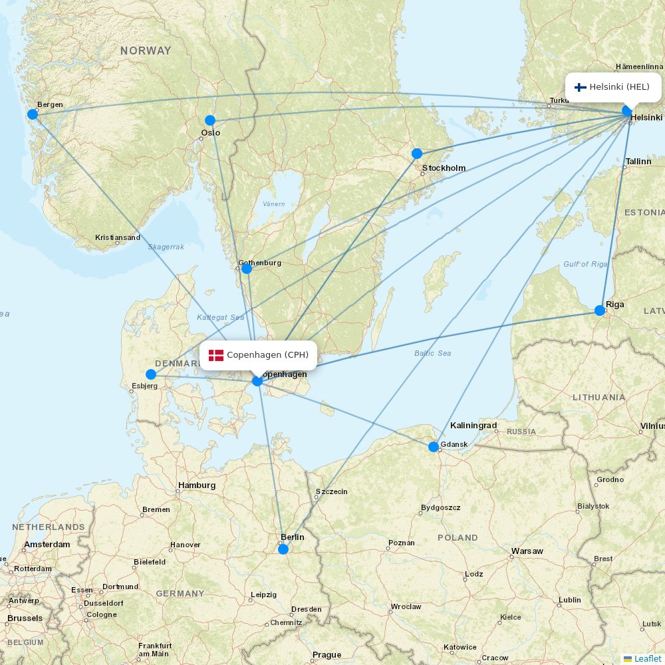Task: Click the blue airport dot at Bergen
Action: pos(33,114)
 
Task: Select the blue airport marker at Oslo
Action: pos(210,120)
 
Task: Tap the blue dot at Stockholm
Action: pos(417,154)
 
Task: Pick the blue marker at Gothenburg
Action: pos(247,269)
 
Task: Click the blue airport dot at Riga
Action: pos(600,311)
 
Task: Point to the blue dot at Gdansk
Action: pos(434,447)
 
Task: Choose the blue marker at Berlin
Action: pos(283,549)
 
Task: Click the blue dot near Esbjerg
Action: pos(151,374)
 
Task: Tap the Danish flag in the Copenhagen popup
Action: pos(216,355)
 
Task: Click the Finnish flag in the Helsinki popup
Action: pos(580,87)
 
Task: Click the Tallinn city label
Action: pos(638,162)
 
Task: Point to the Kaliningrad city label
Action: pos(473,426)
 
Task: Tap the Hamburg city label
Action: pos(197,485)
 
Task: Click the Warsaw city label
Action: pos(527,551)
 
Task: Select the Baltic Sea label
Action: pos(432,353)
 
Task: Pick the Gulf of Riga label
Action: pos(585,264)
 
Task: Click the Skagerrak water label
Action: pos(166,247)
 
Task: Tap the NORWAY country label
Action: pos(146,51)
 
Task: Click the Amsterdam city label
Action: pos(47,545)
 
